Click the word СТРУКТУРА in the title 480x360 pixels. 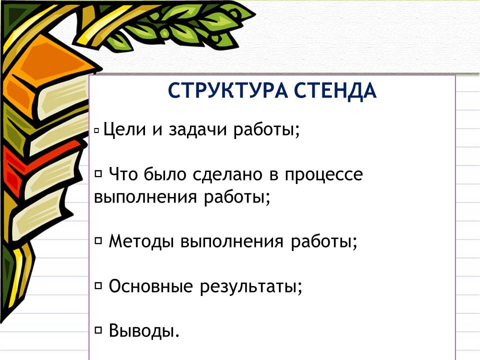pyautogui.click(x=228, y=90)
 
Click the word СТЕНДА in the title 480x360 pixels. pyautogui.click(x=335, y=91)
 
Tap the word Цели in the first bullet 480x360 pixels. pyautogui.click(x=124, y=129)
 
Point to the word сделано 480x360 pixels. pyautogui.click(x=228, y=174)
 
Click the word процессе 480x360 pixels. pyautogui.click(x=324, y=175)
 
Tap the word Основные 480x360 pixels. pyautogui.click(x=150, y=286)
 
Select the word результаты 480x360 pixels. pyautogui.click(x=251, y=287)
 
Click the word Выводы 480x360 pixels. pyautogui.click(x=144, y=330)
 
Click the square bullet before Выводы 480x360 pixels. pyautogui.click(x=98, y=330)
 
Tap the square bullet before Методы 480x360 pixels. pyautogui.click(x=98, y=241)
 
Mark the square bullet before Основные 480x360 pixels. pyautogui.click(x=98, y=286)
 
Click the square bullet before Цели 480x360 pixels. pyautogui.click(x=96, y=130)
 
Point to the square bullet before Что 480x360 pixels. pyautogui.click(x=98, y=174)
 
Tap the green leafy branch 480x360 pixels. pyautogui.click(x=183, y=26)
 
